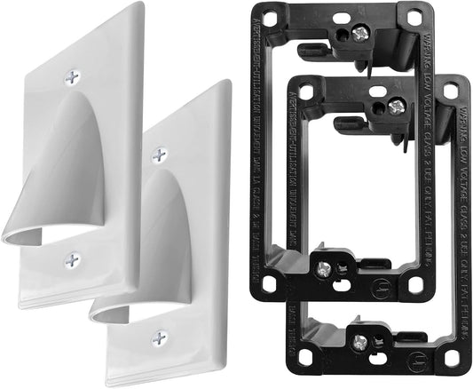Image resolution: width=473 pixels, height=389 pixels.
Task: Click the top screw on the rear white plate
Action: (71, 77)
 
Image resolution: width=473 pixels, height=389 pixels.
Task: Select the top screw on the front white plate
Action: (159, 155)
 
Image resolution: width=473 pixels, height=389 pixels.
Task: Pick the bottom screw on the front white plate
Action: (160, 337)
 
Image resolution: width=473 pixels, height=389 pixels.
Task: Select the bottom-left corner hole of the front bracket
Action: (307, 361)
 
